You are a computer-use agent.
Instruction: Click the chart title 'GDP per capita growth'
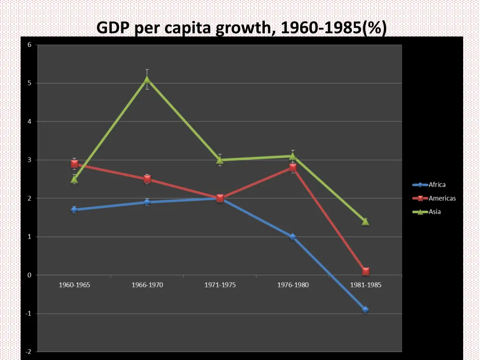coord(241,28)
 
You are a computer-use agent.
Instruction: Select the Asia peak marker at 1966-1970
coord(147,80)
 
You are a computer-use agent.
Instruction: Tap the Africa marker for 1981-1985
coord(365,309)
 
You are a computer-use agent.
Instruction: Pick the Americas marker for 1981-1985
coord(365,271)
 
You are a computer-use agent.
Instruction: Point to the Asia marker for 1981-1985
coord(365,222)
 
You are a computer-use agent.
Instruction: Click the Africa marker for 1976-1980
coord(292,237)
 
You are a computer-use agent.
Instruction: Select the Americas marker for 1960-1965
coord(75,164)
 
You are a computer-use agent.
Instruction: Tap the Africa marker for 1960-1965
coord(74,210)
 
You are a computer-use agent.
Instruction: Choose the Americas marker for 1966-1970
coord(147,179)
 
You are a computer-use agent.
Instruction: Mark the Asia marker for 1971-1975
coord(220,160)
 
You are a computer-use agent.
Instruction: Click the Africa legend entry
coord(429,185)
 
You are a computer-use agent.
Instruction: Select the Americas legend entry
coord(434,198)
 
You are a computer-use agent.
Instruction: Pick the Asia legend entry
coord(427,211)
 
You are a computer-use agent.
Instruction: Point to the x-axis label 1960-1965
coord(74,285)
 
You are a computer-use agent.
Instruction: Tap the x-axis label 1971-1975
coord(220,285)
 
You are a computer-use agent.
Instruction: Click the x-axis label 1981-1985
coord(365,285)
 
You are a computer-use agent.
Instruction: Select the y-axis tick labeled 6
coord(30,45)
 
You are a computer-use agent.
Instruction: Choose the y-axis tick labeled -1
coord(29,314)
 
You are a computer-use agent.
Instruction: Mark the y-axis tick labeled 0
coord(30,275)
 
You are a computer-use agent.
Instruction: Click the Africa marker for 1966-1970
coord(147,202)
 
